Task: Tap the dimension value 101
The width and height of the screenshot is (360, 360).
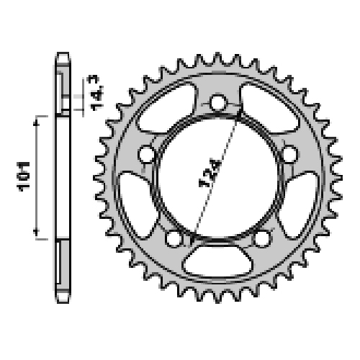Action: pos(24,176)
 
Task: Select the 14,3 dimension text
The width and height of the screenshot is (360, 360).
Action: pos(96,93)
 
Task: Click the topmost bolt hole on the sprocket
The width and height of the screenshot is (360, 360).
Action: pos(218,103)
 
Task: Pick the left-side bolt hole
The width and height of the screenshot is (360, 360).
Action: pos(147,154)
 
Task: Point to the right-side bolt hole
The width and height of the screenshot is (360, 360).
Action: pos(289,154)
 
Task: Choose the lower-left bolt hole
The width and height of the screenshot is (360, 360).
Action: pos(174,238)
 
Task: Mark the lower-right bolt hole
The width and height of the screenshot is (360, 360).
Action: pos(262,238)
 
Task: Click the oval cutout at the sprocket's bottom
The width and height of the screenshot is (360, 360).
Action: pos(218,261)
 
